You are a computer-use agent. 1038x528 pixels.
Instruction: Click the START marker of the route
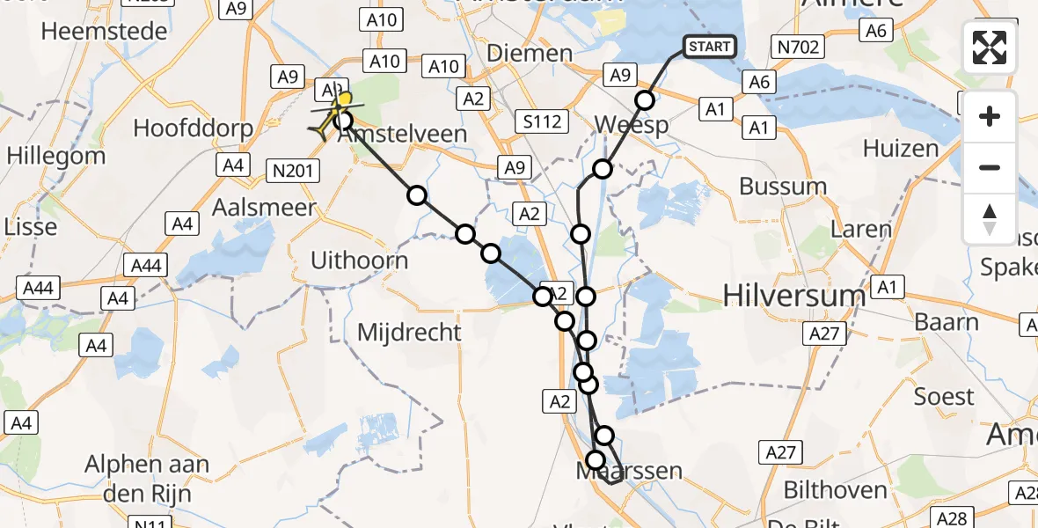pyautogui.click(x=708, y=47)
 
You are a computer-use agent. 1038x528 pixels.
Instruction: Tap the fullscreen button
pyautogui.click(x=990, y=48)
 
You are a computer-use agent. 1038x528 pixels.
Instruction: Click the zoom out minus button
pyautogui.click(x=990, y=167)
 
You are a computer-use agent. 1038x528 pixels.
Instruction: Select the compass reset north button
pyautogui.click(x=990, y=219)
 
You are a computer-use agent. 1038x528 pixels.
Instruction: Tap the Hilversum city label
pyautogui.click(x=794, y=296)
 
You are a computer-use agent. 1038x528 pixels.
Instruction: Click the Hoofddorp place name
pyautogui.click(x=194, y=128)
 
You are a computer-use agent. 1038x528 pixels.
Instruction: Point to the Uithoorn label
pyautogui.click(x=359, y=260)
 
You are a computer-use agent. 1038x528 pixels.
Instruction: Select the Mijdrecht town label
pyautogui.click(x=410, y=332)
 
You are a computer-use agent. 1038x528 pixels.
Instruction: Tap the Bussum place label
pyautogui.click(x=783, y=187)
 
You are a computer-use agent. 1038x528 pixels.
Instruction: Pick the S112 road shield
pyautogui.click(x=542, y=121)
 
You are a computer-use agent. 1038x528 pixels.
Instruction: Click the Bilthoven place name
pyautogui.click(x=835, y=489)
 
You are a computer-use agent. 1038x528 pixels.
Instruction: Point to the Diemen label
pyautogui.click(x=530, y=53)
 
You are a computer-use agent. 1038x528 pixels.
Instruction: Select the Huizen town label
pyautogui.click(x=901, y=148)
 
